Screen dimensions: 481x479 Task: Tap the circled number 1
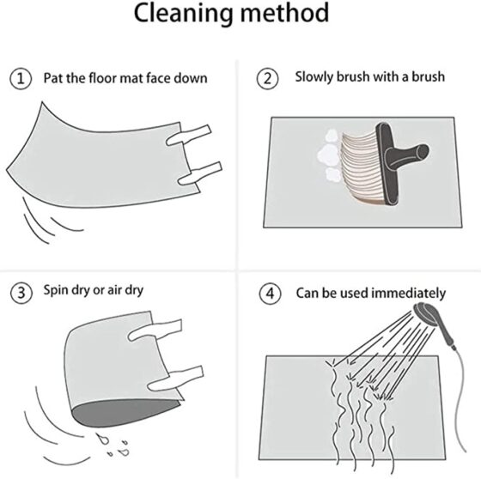tap(21, 79)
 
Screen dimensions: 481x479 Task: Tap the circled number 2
tap(267, 79)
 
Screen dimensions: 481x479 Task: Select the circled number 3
tap(21, 293)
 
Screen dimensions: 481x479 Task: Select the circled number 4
tap(270, 294)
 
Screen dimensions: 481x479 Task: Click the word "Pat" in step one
tap(53, 78)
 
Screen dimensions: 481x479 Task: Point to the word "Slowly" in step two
tap(314, 77)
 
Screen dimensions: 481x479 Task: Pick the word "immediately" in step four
tap(408, 294)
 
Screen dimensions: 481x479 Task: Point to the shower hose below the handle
tap(457, 398)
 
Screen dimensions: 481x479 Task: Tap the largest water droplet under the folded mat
tap(102, 438)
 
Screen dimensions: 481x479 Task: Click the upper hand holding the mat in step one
tap(189, 135)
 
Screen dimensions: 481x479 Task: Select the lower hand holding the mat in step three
tap(175, 379)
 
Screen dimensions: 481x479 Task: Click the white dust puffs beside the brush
tap(329, 155)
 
